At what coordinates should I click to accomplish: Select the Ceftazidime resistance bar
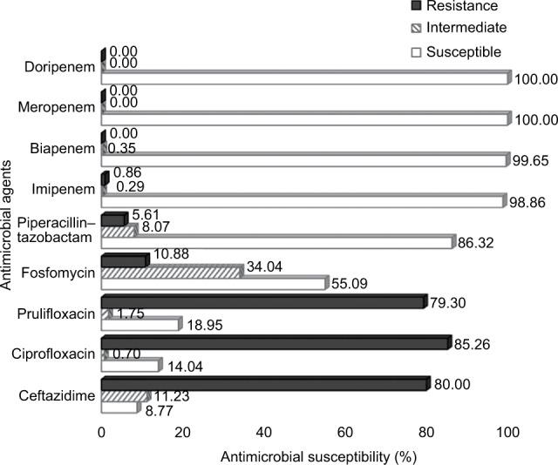pyautogui.click(x=264, y=382)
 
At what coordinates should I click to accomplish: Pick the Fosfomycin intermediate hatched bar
pyautogui.click(x=171, y=272)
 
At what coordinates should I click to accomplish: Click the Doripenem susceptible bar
pyautogui.click(x=305, y=79)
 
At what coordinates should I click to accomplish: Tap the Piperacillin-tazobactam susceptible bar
pyautogui.click(x=277, y=241)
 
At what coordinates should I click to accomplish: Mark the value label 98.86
pyautogui.click(x=530, y=201)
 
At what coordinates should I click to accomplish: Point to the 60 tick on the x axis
pyautogui.click(x=345, y=432)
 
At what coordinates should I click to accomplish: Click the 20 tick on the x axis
pyautogui.click(x=182, y=432)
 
